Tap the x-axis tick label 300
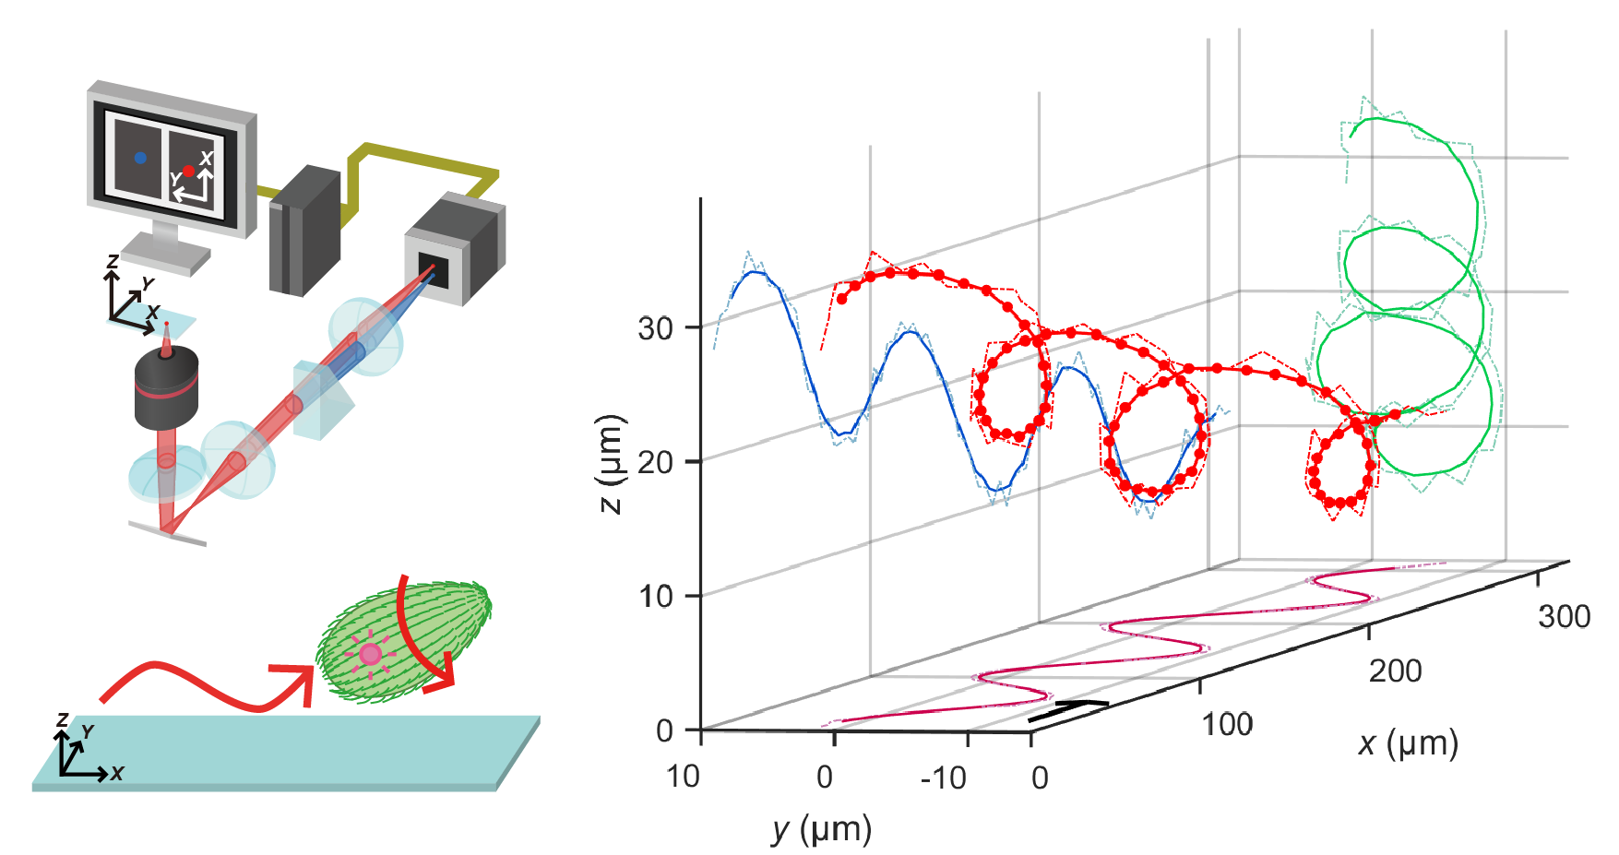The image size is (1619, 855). click(x=1564, y=616)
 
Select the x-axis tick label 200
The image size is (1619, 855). click(x=1395, y=671)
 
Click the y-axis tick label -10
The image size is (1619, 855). click(x=944, y=778)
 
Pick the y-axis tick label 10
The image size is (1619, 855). click(x=683, y=777)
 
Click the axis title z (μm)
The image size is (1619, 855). click(x=612, y=464)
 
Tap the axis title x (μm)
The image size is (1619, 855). click(x=1408, y=743)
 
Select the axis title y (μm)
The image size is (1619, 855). click(x=821, y=829)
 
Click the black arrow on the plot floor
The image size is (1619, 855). click(x=1068, y=710)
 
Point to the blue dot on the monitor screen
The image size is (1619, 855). click(x=140, y=158)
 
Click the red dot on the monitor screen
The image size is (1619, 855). click(x=188, y=171)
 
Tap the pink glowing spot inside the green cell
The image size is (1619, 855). click(x=370, y=654)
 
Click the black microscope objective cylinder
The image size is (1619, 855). click(x=166, y=387)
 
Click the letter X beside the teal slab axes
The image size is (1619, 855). click(x=117, y=773)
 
